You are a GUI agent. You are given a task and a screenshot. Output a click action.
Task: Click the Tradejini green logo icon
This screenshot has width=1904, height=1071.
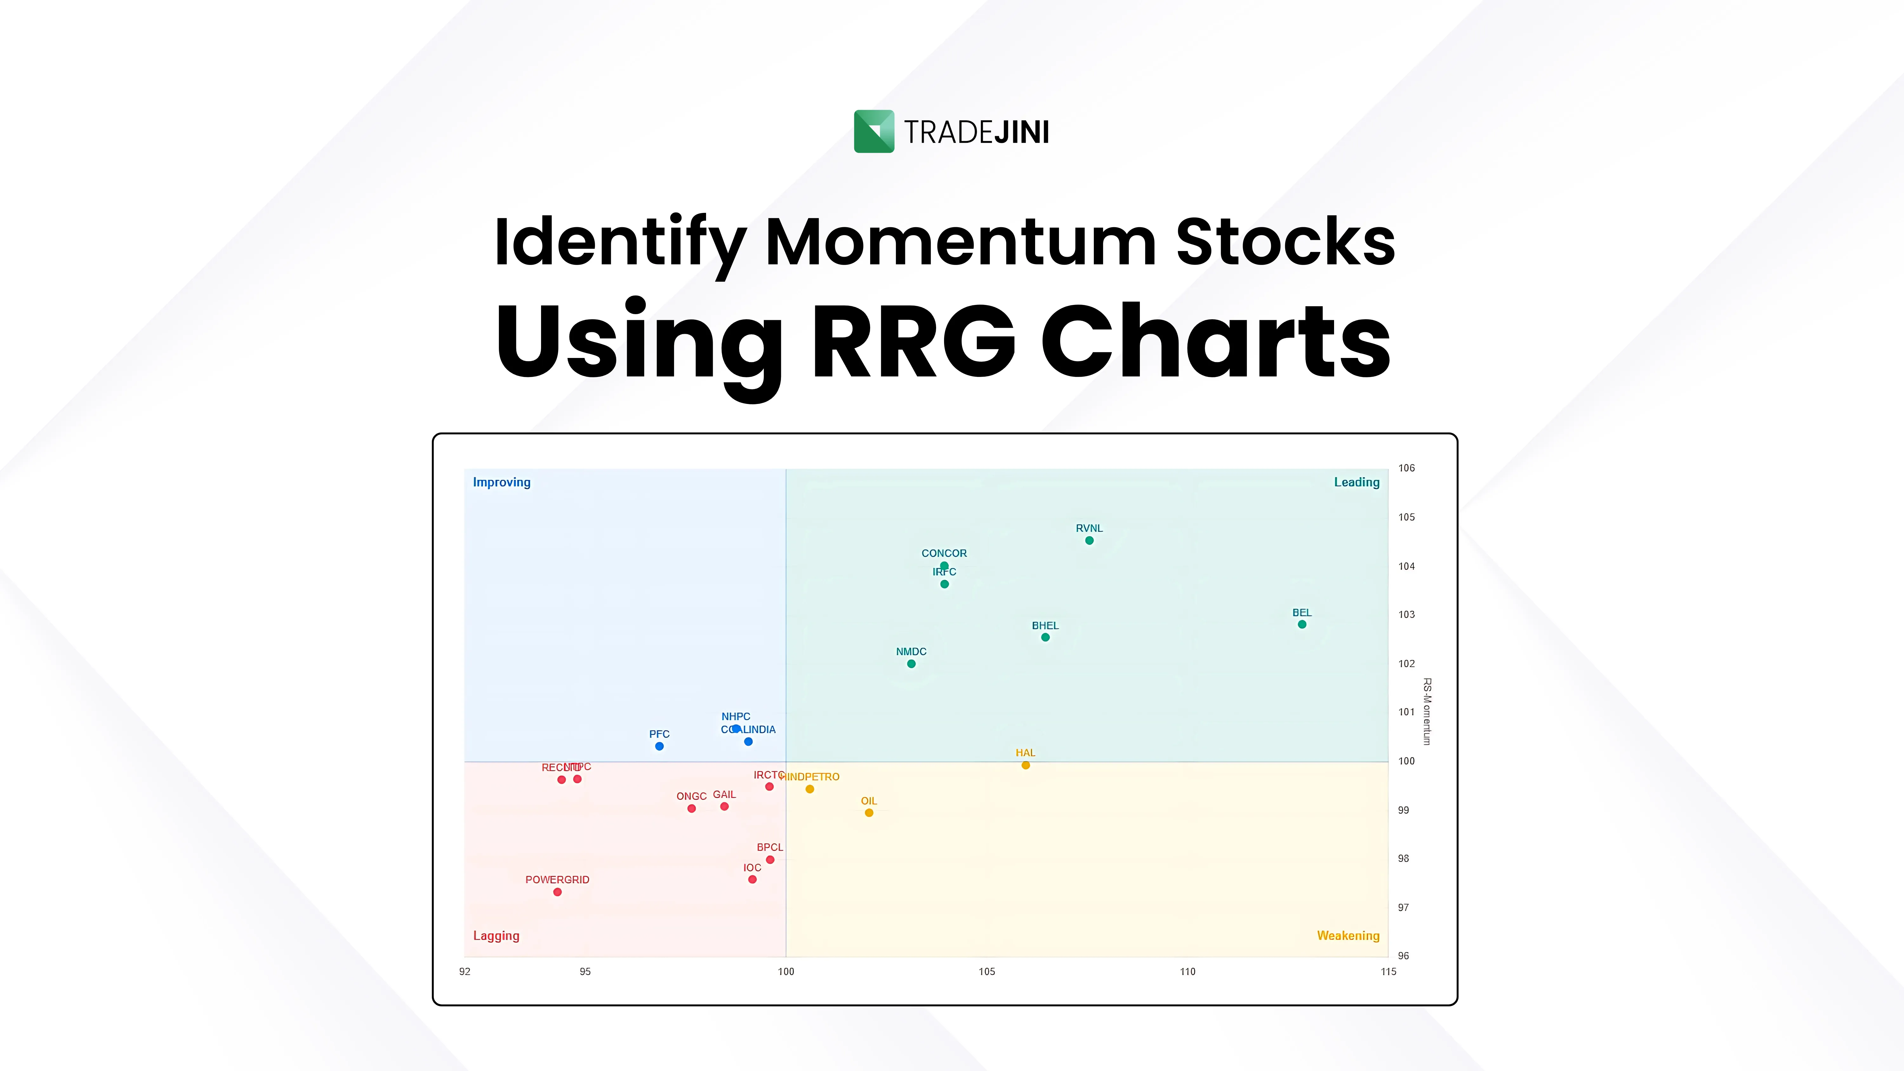(x=874, y=132)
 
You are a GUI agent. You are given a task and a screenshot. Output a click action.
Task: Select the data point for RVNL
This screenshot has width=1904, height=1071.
(x=1089, y=540)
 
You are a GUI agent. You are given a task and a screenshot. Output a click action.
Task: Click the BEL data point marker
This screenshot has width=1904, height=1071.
(x=1302, y=625)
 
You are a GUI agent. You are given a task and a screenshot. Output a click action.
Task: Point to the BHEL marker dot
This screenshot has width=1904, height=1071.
(x=1045, y=637)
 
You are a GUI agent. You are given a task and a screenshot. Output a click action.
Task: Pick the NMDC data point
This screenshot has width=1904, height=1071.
(x=911, y=664)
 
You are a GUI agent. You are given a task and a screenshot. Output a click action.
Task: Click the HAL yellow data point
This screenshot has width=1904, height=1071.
(x=1026, y=765)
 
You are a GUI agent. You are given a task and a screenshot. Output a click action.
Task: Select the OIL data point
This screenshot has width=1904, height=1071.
(x=869, y=813)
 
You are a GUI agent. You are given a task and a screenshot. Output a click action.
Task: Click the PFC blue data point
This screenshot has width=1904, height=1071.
(x=659, y=746)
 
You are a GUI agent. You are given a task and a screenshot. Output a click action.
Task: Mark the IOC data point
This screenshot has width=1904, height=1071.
(x=752, y=880)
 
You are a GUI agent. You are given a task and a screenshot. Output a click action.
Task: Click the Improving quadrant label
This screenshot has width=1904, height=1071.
(x=502, y=482)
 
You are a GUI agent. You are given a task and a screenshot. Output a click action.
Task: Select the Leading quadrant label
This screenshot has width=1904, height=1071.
(x=1356, y=482)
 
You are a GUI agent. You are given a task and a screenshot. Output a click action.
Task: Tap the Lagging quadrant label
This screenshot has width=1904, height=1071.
(x=496, y=936)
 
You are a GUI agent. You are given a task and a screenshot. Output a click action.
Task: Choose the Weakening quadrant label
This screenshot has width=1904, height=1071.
(x=1348, y=936)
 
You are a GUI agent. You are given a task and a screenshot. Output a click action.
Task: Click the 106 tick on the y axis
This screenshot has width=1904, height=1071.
(x=1406, y=468)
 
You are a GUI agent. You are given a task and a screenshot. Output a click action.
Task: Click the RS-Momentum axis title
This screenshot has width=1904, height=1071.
(x=1427, y=711)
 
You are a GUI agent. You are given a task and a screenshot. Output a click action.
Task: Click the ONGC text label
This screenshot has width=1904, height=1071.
(x=691, y=796)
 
